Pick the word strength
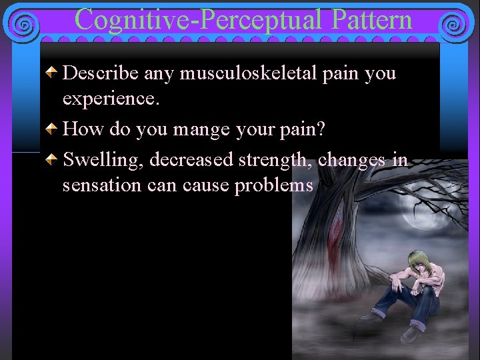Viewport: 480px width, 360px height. pos(277,160)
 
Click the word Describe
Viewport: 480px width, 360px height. pos(95,73)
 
